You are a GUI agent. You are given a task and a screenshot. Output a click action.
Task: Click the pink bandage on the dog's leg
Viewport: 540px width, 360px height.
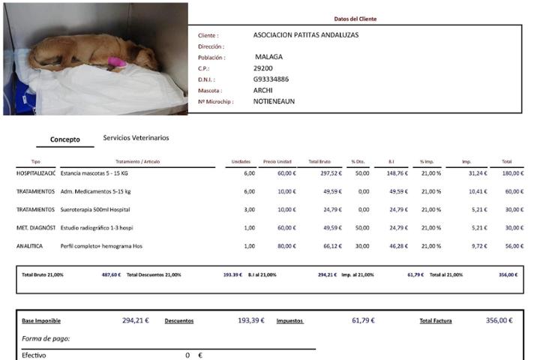click(x=117, y=61)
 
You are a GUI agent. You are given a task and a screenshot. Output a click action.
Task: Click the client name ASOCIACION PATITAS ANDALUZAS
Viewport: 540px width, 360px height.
click(x=306, y=34)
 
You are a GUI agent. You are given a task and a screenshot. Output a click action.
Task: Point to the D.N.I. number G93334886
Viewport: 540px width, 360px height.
click(x=271, y=79)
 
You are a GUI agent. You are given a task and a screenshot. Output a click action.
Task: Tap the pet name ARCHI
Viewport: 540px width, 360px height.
click(x=263, y=90)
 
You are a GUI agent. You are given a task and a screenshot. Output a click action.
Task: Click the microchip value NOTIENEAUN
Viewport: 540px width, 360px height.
click(x=274, y=101)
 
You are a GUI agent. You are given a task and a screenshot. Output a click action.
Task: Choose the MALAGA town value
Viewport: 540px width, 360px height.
click(x=269, y=57)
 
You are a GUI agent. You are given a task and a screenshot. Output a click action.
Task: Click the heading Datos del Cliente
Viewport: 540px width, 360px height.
click(x=355, y=19)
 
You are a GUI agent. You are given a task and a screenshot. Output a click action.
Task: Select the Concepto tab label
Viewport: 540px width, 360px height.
click(x=64, y=139)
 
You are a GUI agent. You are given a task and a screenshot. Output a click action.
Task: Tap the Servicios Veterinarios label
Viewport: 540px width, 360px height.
click(x=136, y=138)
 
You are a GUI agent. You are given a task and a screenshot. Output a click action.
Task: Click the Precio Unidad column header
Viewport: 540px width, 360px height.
click(x=277, y=162)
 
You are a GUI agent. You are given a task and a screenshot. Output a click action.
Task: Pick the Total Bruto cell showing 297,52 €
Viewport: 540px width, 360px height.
click(x=330, y=173)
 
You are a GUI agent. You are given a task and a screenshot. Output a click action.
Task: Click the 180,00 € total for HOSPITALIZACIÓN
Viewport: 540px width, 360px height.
click(x=513, y=173)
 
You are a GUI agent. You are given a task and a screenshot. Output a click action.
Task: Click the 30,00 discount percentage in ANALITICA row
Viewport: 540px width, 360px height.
click(x=364, y=245)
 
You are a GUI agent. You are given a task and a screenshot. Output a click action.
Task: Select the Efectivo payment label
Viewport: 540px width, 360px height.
click(x=34, y=355)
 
